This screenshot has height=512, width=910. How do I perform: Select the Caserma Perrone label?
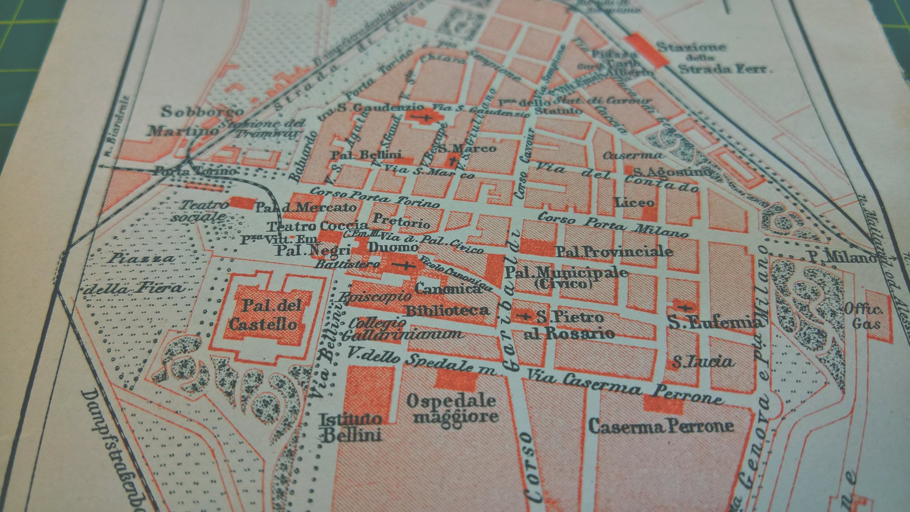(x=661, y=426)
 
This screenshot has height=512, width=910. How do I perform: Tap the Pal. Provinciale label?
(x=614, y=251)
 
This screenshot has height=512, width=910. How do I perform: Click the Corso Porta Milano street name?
(x=612, y=224)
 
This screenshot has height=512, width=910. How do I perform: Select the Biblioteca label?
(x=447, y=310)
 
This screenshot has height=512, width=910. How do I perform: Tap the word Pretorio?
(x=401, y=221)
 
